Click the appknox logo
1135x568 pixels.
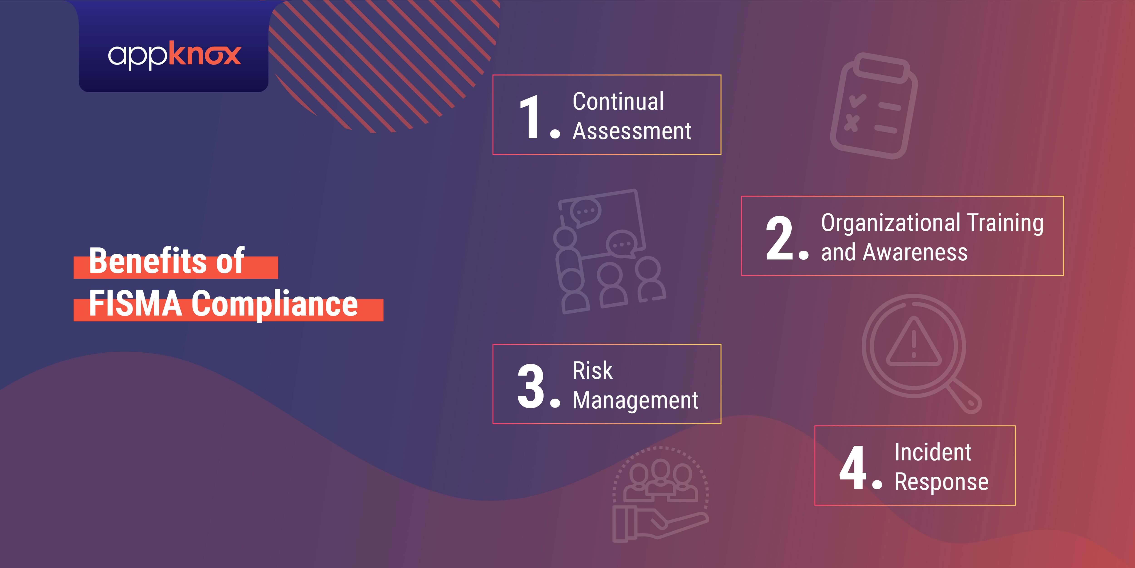175,55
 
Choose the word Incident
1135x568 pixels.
933,452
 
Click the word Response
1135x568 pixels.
942,482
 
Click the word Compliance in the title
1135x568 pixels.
274,304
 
